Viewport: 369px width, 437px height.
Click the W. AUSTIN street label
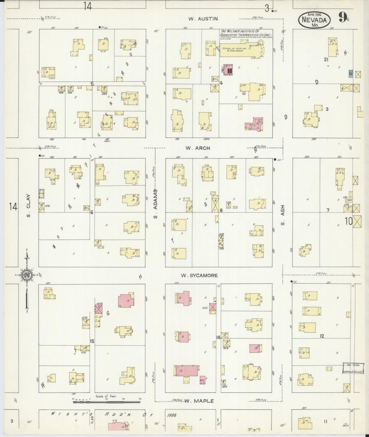(203, 19)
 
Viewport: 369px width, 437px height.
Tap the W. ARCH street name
(198, 148)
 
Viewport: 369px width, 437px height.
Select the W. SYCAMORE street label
(199, 275)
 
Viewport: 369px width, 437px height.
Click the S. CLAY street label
(28, 206)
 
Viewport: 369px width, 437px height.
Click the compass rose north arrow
(27, 275)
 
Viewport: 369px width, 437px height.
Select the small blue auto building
(351, 74)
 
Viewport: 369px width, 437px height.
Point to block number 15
(92, 341)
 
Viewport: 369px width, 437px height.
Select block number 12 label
(322, 336)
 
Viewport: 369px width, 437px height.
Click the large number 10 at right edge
(349, 221)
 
